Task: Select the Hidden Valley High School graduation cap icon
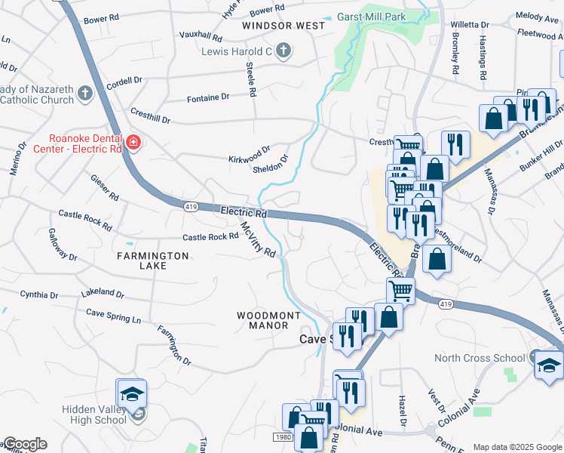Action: coord(131,394)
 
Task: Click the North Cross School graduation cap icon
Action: coord(548,365)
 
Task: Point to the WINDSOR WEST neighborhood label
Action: coord(284,26)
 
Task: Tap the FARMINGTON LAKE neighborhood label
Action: coord(152,261)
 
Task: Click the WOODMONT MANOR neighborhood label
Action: coord(268,320)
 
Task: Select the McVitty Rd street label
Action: coord(259,239)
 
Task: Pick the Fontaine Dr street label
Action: coord(208,97)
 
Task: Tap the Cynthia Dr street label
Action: coord(39,294)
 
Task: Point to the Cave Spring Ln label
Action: coord(113,316)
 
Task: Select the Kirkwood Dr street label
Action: coord(249,155)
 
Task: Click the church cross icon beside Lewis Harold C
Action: coord(284,51)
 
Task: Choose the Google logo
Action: coord(25,444)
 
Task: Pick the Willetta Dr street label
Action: coord(471,25)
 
